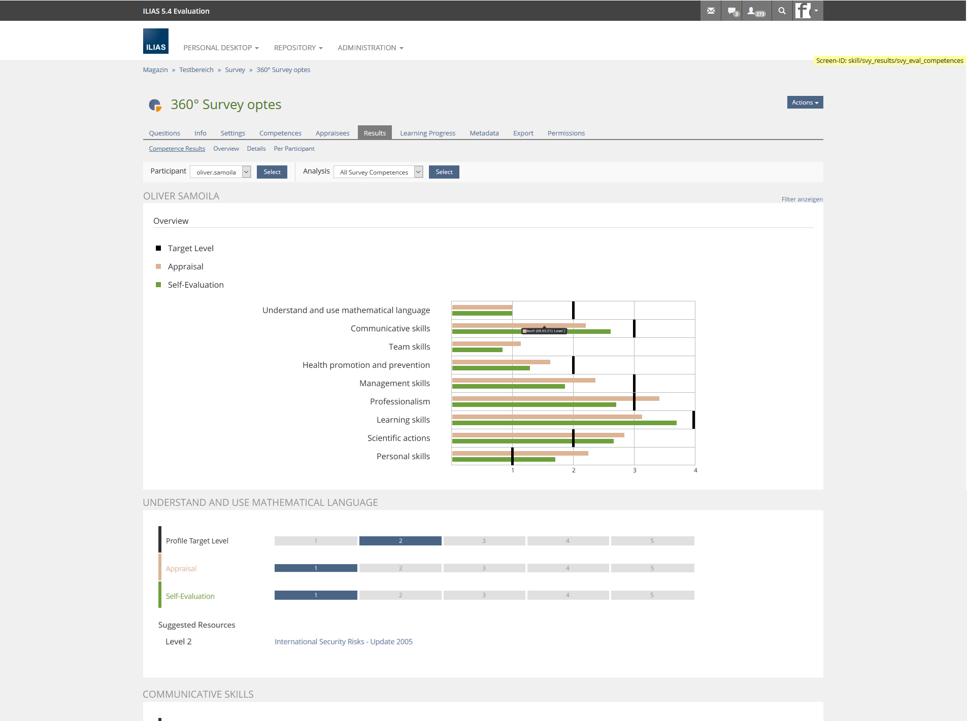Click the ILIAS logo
pyautogui.click(x=155, y=41)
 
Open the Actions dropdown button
pyautogui.click(x=805, y=102)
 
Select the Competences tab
pyautogui.click(x=280, y=133)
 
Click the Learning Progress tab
pyautogui.click(x=427, y=133)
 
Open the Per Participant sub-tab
pyautogui.click(x=294, y=149)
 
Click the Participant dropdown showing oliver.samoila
pyautogui.click(x=220, y=172)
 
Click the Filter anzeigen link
pyautogui.click(x=802, y=199)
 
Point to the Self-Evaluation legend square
pyautogui.click(x=158, y=285)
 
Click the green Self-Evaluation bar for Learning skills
pyautogui.click(x=563, y=423)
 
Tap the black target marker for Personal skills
pyautogui.click(x=512, y=456)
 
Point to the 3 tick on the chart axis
pyautogui.click(x=635, y=470)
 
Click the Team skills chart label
pyautogui.click(x=409, y=347)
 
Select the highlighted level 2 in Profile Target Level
pyautogui.click(x=400, y=541)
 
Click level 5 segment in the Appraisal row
pyautogui.click(x=652, y=568)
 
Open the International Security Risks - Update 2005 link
pyautogui.click(x=343, y=641)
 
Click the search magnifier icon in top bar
pyautogui.click(x=782, y=11)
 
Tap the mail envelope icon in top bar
pyautogui.click(x=711, y=11)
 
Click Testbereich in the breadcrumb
pyautogui.click(x=196, y=70)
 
